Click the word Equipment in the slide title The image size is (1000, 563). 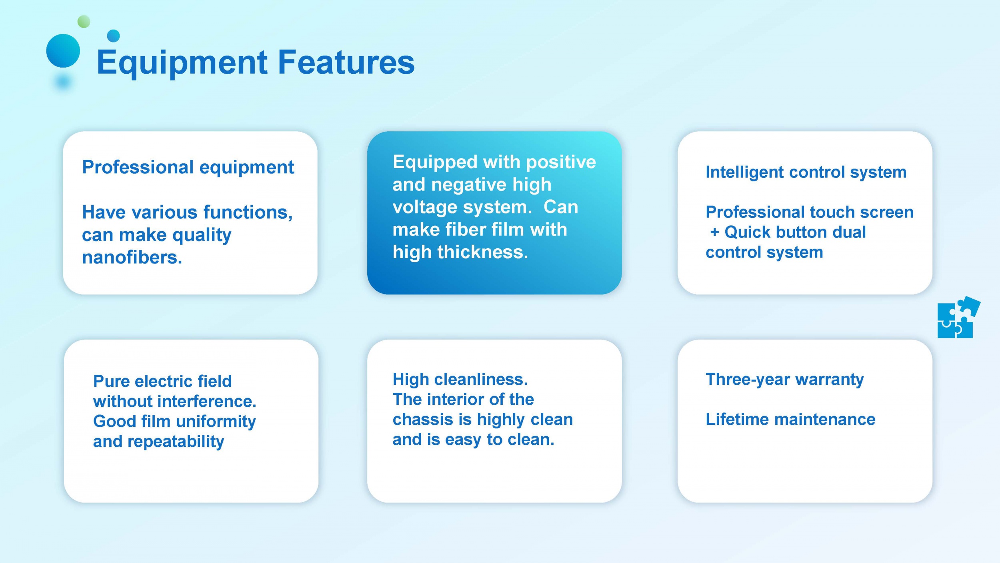click(x=182, y=63)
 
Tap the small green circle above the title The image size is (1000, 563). click(x=84, y=22)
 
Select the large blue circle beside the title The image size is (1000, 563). click(x=63, y=51)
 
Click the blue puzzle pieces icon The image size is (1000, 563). click(x=958, y=317)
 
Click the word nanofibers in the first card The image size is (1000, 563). click(x=132, y=257)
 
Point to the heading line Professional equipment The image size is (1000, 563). click(x=188, y=168)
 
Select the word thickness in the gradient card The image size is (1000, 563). click(x=482, y=252)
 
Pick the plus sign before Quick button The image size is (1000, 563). click(x=714, y=232)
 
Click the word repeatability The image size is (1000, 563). click(x=176, y=442)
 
